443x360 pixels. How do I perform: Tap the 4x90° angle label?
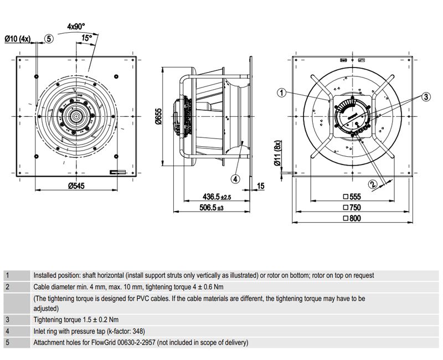(x=75, y=26)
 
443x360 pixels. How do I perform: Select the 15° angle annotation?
(x=86, y=38)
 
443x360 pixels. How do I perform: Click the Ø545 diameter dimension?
(x=76, y=186)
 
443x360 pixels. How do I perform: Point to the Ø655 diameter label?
(x=157, y=116)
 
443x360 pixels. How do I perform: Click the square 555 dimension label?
(x=352, y=197)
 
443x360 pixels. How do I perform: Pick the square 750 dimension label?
(x=352, y=208)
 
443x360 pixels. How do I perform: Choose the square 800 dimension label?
(x=352, y=219)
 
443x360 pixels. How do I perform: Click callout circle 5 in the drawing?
(x=49, y=39)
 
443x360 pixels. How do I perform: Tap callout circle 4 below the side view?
(x=235, y=179)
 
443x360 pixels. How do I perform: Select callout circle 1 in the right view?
(x=281, y=93)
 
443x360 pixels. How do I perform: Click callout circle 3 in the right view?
(x=425, y=96)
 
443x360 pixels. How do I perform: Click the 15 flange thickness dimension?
(x=261, y=186)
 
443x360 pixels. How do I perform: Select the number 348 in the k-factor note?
(x=138, y=332)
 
